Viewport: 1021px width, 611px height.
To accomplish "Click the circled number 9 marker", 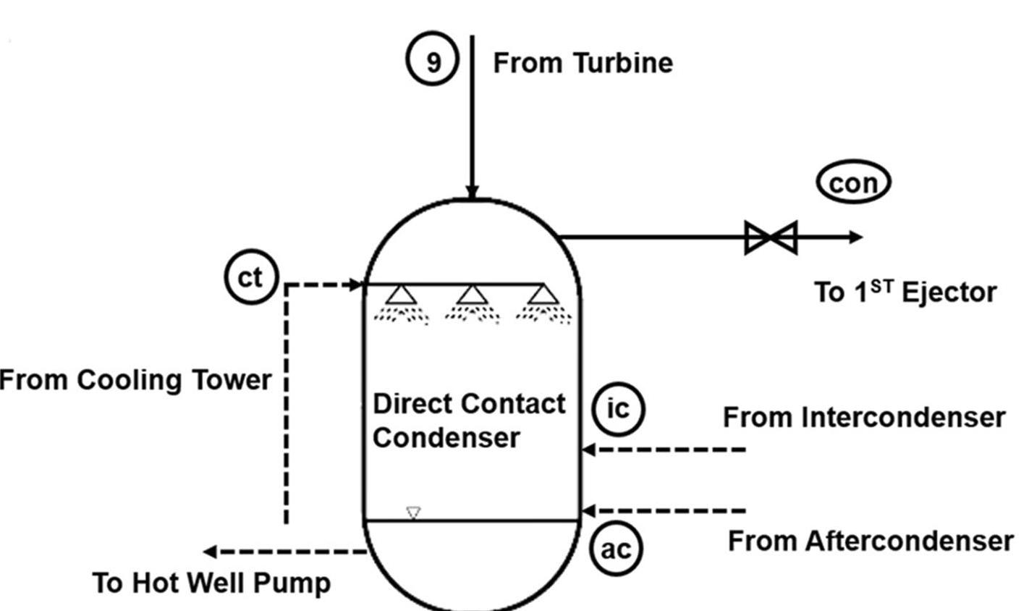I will (432, 62).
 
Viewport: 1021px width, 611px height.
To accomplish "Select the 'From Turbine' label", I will (582, 63).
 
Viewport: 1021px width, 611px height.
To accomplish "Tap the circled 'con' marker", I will (853, 183).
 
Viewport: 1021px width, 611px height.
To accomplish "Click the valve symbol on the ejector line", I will (771, 237).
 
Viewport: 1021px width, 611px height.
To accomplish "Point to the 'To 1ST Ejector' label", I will (905, 292).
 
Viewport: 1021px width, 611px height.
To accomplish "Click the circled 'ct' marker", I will (250, 277).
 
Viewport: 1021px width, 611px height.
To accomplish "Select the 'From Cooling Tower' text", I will (135, 380).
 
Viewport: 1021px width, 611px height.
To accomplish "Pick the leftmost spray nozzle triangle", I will (399, 295).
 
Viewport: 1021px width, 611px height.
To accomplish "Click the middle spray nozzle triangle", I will (471, 295).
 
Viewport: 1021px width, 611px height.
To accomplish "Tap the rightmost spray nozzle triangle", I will (543, 295).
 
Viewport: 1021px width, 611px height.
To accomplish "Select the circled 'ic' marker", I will (617, 409).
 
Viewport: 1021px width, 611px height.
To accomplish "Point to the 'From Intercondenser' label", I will (864, 418).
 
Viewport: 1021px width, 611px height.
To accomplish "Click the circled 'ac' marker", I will (617, 549).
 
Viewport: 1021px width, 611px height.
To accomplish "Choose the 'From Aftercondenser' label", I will (870, 541).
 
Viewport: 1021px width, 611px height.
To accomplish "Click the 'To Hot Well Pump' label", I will (211, 583).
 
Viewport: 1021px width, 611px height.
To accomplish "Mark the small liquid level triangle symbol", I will (413, 513).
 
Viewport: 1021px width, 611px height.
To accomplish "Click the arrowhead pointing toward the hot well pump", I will (210, 552).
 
